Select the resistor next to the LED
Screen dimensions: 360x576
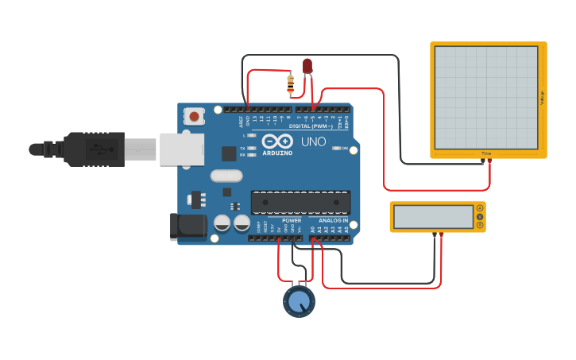coord(290,82)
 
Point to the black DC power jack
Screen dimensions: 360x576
coord(188,225)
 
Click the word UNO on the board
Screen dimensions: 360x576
coord(311,141)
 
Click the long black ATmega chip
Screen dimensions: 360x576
coord(300,203)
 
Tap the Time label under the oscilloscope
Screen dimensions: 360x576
coord(486,153)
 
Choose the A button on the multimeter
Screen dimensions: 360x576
coord(480,207)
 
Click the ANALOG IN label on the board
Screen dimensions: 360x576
coord(333,220)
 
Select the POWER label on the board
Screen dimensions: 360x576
coord(292,220)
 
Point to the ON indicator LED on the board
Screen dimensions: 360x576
coord(337,148)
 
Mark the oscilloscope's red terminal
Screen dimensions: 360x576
coord(489,161)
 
